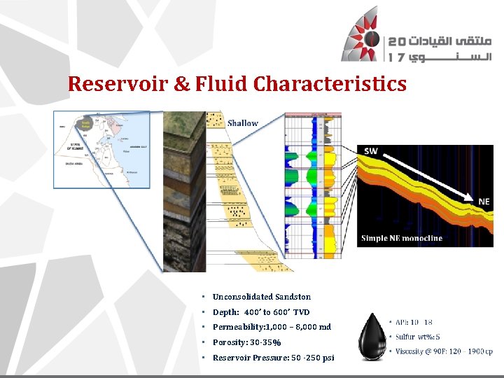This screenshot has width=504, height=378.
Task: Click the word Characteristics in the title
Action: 330,85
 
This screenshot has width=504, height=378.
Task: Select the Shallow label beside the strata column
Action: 243,123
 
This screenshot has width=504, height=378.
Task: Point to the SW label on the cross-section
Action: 371,151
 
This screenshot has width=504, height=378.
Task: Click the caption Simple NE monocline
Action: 402,238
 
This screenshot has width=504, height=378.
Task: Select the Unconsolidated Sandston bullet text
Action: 262,297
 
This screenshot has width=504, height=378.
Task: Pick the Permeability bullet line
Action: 272,327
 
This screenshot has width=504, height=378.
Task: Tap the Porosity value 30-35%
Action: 265,342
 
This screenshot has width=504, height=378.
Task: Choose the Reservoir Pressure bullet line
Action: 273,358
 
